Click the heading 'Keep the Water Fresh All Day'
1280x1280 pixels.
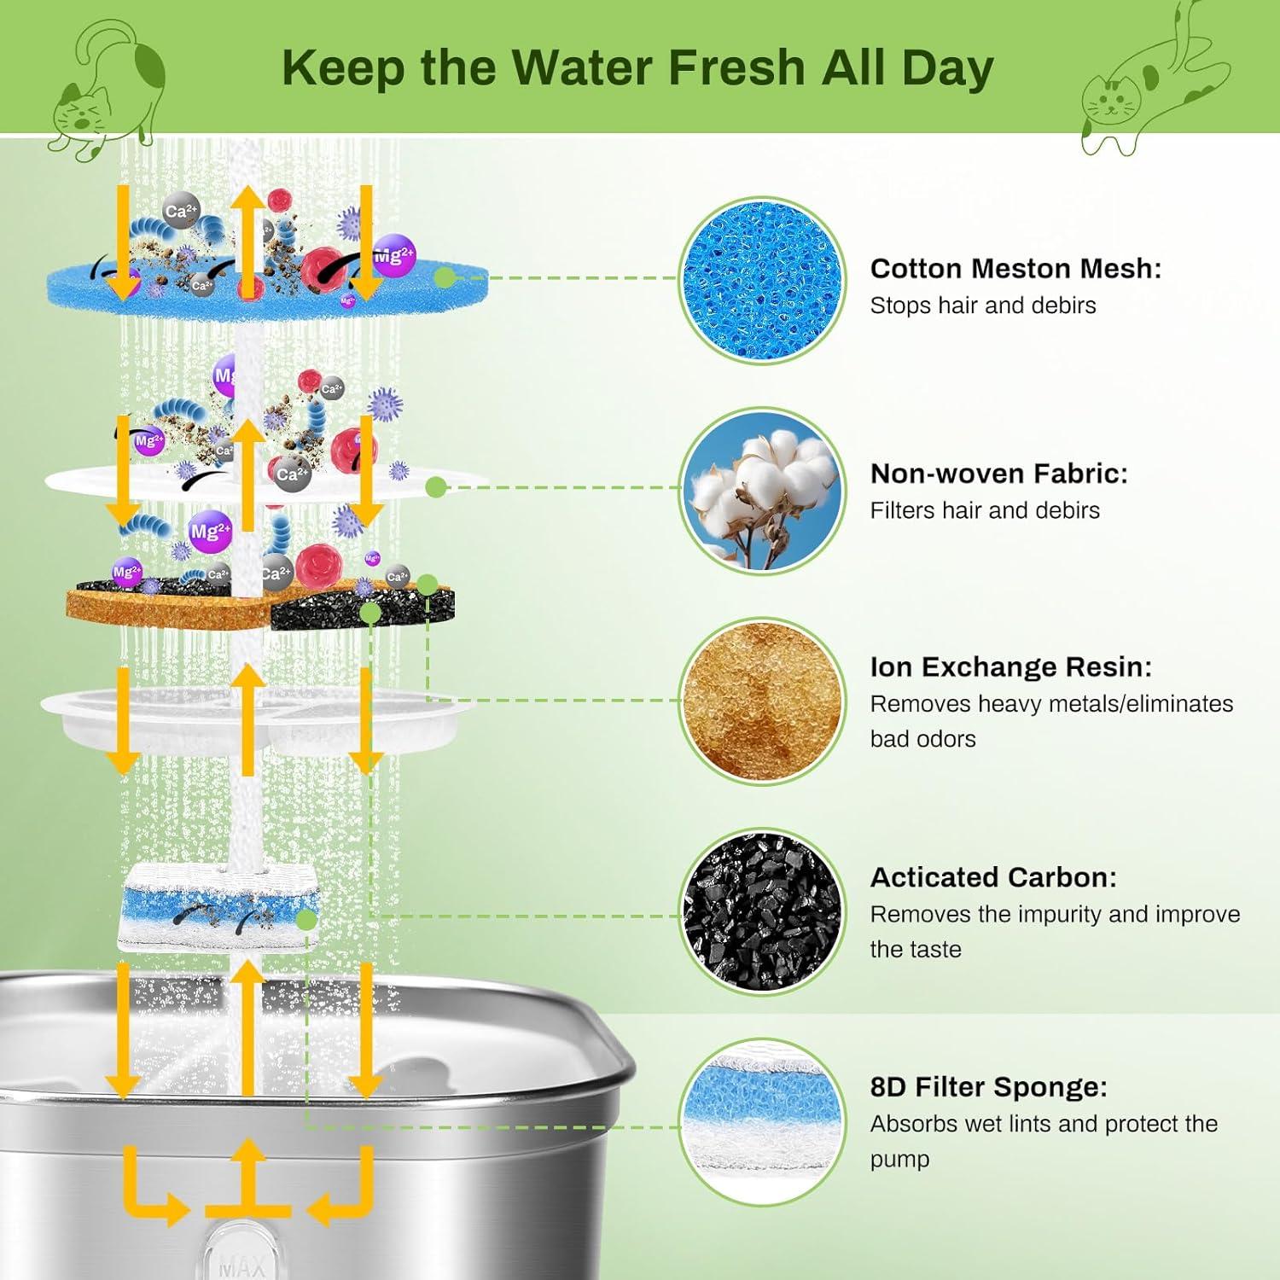(637, 68)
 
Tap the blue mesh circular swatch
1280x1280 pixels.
(762, 280)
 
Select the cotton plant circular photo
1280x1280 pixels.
(762, 491)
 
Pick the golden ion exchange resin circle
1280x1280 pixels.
(762, 701)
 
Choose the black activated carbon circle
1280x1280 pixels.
(762, 911)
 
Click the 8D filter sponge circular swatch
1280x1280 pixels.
(762, 1121)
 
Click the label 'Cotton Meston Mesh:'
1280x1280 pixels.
(1015, 269)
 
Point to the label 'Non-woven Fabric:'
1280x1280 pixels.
(998, 474)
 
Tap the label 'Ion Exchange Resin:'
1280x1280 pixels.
(1010, 667)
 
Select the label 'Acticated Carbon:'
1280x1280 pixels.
(992, 877)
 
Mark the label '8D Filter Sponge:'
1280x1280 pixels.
(988, 1087)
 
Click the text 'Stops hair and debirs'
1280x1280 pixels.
(982, 305)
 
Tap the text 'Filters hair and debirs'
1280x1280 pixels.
(985, 510)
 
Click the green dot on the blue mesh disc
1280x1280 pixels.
(444, 277)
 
